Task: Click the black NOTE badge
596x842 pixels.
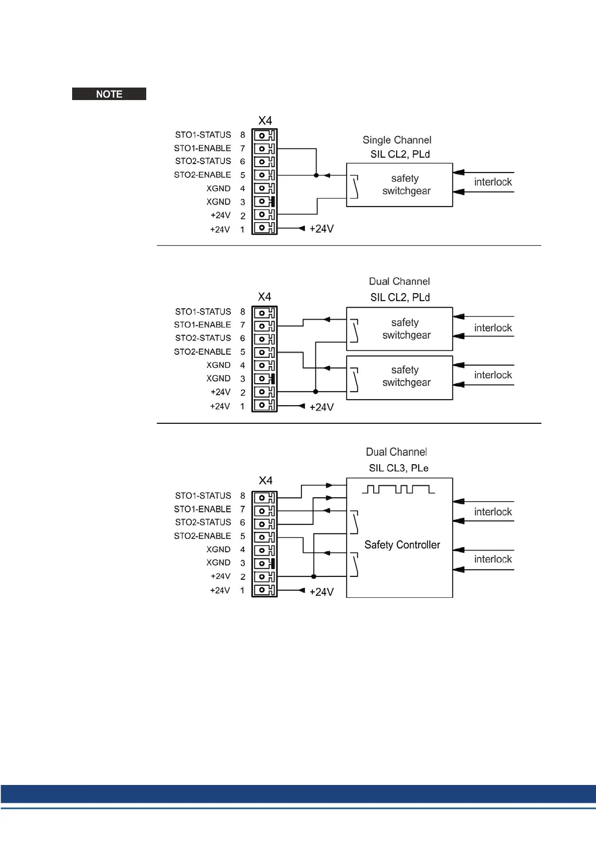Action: pyautogui.click(x=109, y=94)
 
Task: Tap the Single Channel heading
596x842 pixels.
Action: pyautogui.click(x=397, y=140)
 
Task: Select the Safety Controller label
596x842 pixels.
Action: pyautogui.click(x=402, y=545)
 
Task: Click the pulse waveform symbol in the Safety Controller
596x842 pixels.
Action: pyautogui.click(x=398, y=489)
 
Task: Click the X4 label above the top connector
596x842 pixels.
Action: pyautogui.click(x=265, y=121)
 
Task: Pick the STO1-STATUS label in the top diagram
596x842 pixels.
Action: pyautogui.click(x=203, y=135)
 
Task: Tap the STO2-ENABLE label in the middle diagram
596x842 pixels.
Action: pyautogui.click(x=202, y=352)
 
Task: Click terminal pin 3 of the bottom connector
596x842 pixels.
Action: pyautogui.click(x=264, y=563)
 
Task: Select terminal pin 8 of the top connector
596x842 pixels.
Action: pyautogui.click(x=264, y=135)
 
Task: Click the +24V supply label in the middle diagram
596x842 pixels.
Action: pyautogui.click(x=322, y=407)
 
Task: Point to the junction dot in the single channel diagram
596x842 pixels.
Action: pyautogui.click(x=316, y=175)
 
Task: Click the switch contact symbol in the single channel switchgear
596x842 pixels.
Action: pyautogui.click(x=355, y=187)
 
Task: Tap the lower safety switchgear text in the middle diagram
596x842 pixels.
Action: pyautogui.click(x=406, y=376)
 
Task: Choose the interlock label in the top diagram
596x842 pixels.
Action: pyautogui.click(x=493, y=182)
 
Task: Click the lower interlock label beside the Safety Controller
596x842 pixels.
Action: pyautogui.click(x=493, y=559)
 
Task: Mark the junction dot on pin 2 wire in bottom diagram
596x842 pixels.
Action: pyautogui.click(x=314, y=576)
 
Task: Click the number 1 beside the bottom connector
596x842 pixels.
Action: pyautogui.click(x=242, y=590)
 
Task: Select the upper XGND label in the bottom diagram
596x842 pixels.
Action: pyautogui.click(x=218, y=549)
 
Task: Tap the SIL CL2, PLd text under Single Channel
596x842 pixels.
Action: pyautogui.click(x=400, y=154)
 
